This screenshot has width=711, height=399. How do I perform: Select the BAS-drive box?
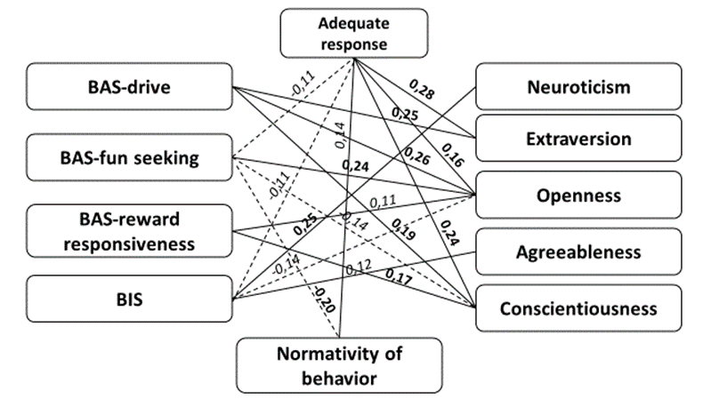point(130,87)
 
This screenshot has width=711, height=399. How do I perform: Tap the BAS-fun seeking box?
point(130,159)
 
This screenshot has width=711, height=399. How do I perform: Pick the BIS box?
point(130,299)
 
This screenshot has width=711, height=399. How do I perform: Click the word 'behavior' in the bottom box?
point(337,379)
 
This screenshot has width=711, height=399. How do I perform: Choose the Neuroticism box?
point(578,87)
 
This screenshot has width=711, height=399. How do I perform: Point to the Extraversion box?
point(578,139)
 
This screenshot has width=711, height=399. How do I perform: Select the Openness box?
point(578,196)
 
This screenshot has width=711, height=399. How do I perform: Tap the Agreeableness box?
point(578,252)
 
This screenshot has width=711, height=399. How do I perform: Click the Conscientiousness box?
point(578,308)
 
